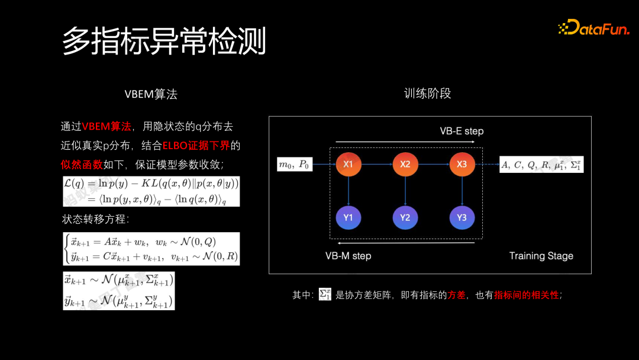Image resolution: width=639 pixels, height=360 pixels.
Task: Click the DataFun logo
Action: (593, 27)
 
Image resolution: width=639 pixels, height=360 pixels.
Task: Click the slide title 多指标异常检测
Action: (164, 40)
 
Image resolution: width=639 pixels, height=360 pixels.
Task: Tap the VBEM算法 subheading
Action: (151, 94)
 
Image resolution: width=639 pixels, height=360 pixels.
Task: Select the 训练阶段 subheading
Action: (428, 94)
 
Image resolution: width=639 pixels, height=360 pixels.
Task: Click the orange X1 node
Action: (348, 164)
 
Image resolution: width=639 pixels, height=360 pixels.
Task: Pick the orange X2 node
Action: (405, 164)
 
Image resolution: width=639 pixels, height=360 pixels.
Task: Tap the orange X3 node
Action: (461, 164)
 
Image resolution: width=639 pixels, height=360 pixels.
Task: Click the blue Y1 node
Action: (348, 217)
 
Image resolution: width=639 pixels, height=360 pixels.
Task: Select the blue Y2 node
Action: (405, 217)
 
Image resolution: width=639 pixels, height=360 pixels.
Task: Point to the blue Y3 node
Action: (461, 217)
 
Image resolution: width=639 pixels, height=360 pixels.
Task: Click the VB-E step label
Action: (461, 131)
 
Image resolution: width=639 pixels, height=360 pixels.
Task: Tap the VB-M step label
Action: (348, 256)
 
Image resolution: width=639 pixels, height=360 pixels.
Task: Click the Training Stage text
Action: (541, 256)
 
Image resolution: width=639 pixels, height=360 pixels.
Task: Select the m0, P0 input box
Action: (295, 165)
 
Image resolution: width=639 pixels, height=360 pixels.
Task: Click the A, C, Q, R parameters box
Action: (541, 165)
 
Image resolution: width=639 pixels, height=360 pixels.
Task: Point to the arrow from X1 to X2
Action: (376, 164)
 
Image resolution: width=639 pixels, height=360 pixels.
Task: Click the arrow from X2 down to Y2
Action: (405, 191)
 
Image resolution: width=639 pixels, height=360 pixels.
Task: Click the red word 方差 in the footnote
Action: (456, 295)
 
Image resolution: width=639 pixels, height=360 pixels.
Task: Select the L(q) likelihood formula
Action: (151, 191)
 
